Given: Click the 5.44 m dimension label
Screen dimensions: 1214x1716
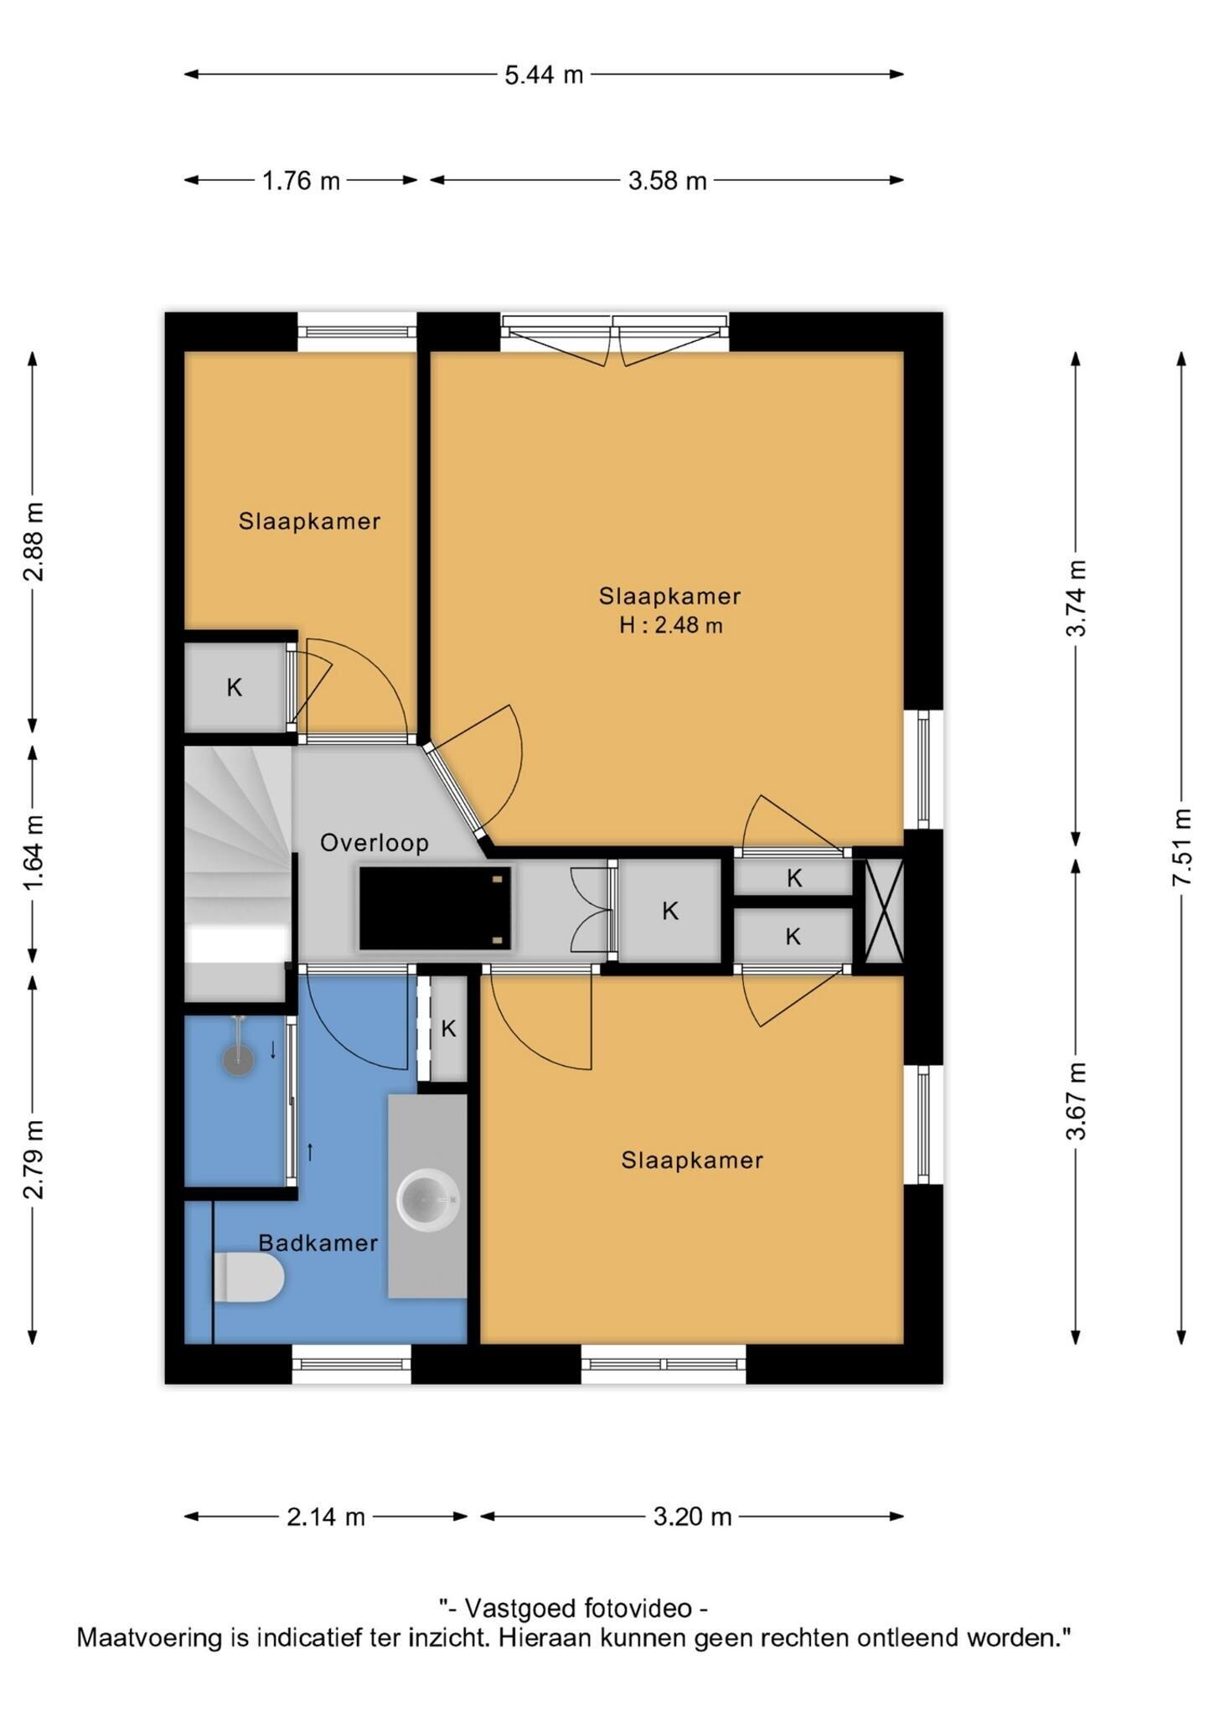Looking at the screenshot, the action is click(544, 75).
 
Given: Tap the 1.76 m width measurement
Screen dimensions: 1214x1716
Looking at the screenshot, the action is click(301, 180).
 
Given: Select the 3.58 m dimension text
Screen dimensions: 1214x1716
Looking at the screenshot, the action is click(668, 180).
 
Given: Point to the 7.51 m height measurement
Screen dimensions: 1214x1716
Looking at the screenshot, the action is click(1181, 846).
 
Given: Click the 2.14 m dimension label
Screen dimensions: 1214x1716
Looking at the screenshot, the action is click(326, 1517).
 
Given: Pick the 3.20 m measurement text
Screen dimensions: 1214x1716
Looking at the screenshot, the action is click(693, 1517).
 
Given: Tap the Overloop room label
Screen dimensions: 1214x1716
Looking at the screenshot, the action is click(375, 843).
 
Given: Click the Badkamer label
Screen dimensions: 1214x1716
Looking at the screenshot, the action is click(318, 1243).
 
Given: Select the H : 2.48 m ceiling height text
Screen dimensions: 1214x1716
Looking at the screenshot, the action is click(671, 625).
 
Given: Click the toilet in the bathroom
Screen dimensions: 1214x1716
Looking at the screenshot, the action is click(249, 1278).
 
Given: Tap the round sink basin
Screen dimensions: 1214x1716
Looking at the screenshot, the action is click(428, 1200).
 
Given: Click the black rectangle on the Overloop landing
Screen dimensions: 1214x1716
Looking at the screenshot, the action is click(435, 908).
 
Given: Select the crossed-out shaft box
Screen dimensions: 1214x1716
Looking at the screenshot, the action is click(884, 911).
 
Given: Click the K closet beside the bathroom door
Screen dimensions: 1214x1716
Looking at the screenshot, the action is click(448, 1029).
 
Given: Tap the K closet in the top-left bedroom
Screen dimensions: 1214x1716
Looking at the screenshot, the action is click(235, 688).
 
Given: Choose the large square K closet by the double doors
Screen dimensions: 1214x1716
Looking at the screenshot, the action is click(670, 911).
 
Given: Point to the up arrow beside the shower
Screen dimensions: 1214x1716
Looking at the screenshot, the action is click(310, 1152).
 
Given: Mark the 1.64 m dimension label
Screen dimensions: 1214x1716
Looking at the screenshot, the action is click(34, 854).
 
